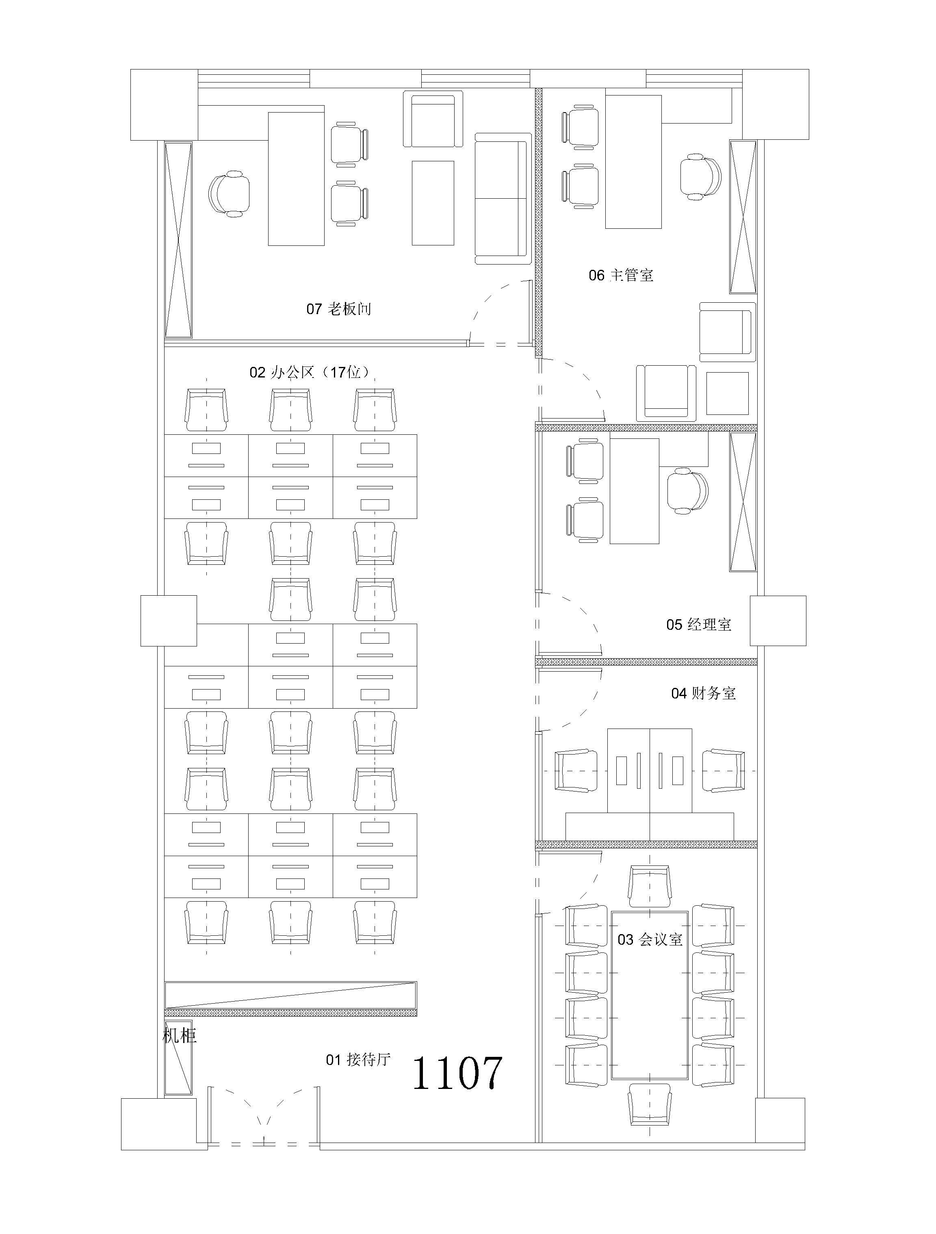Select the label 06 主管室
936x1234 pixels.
[x=621, y=275]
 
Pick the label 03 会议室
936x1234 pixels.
[x=650, y=939]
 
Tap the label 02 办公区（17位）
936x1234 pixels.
[x=310, y=372]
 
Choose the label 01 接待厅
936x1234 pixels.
[x=358, y=1059]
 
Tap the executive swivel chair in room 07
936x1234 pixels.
[x=229, y=193]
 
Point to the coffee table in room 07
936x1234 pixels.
[x=433, y=203]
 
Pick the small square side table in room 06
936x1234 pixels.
[x=727, y=394]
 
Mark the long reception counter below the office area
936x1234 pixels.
[x=290, y=999]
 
